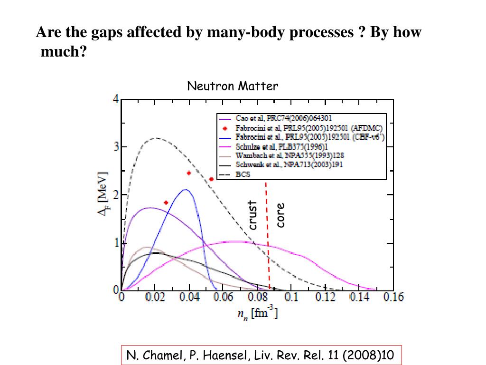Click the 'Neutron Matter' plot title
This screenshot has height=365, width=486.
click(x=233, y=86)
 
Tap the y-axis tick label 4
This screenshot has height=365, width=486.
click(x=116, y=99)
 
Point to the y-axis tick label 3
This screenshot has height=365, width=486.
click(x=116, y=147)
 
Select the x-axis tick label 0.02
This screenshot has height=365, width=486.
click(x=155, y=298)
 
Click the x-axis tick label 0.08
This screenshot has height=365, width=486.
click(x=257, y=298)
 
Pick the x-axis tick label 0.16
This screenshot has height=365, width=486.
click(x=393, y=298)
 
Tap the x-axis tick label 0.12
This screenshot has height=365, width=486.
click(x=326, y=298)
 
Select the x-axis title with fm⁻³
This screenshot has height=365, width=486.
click(x=258, y=314)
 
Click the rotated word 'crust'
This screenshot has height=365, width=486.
click(x=252, y=215)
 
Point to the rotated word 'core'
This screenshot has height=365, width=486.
click(x=280, y=215)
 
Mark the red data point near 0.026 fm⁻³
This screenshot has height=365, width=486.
click(x=166, y=202)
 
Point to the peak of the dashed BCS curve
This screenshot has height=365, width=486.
click(x=157, y=138)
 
